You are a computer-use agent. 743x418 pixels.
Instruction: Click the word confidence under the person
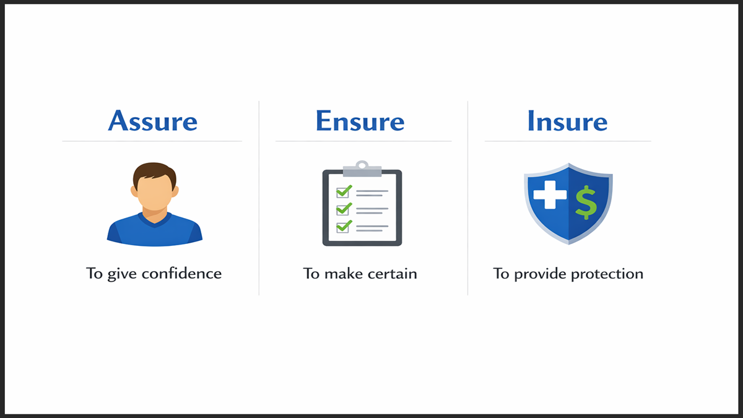[x=181, y=273]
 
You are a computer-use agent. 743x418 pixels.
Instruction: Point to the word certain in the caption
[x=391, y=273]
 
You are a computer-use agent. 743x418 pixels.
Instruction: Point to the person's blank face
[x=154, y=193]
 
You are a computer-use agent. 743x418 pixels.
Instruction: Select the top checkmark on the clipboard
[x=344, y=191]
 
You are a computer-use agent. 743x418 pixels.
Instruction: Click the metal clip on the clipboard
[x=362, y=166]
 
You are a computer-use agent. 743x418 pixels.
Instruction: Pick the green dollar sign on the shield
[x=585, y=202]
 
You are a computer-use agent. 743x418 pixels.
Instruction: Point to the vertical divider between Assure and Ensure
[x=259, y=198]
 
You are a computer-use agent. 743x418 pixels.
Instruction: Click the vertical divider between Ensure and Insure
[x=467, y=198]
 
